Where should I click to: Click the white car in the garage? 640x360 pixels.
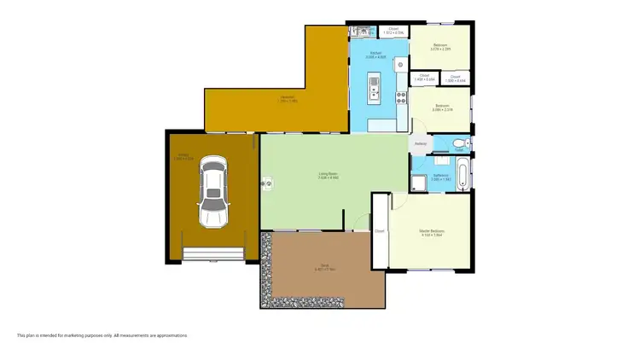(x=213, y=193)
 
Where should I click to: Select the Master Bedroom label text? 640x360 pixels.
(x=432, y=233)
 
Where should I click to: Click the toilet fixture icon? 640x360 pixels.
(x=459, y=142)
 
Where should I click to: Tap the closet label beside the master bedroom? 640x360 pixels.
(x=380, y=230)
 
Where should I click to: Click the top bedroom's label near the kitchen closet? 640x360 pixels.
(x=440, y=46)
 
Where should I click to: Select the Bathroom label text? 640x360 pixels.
(x=440, y=177)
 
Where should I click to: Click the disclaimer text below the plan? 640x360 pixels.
(x=102, y=335)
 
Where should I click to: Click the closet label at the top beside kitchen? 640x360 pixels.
(x=393, y=30)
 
